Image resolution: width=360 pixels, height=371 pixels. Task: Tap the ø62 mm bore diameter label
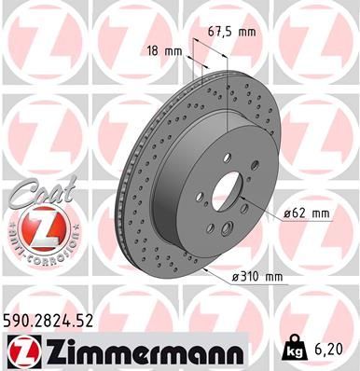pyautogui.click(x=307, y=213)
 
